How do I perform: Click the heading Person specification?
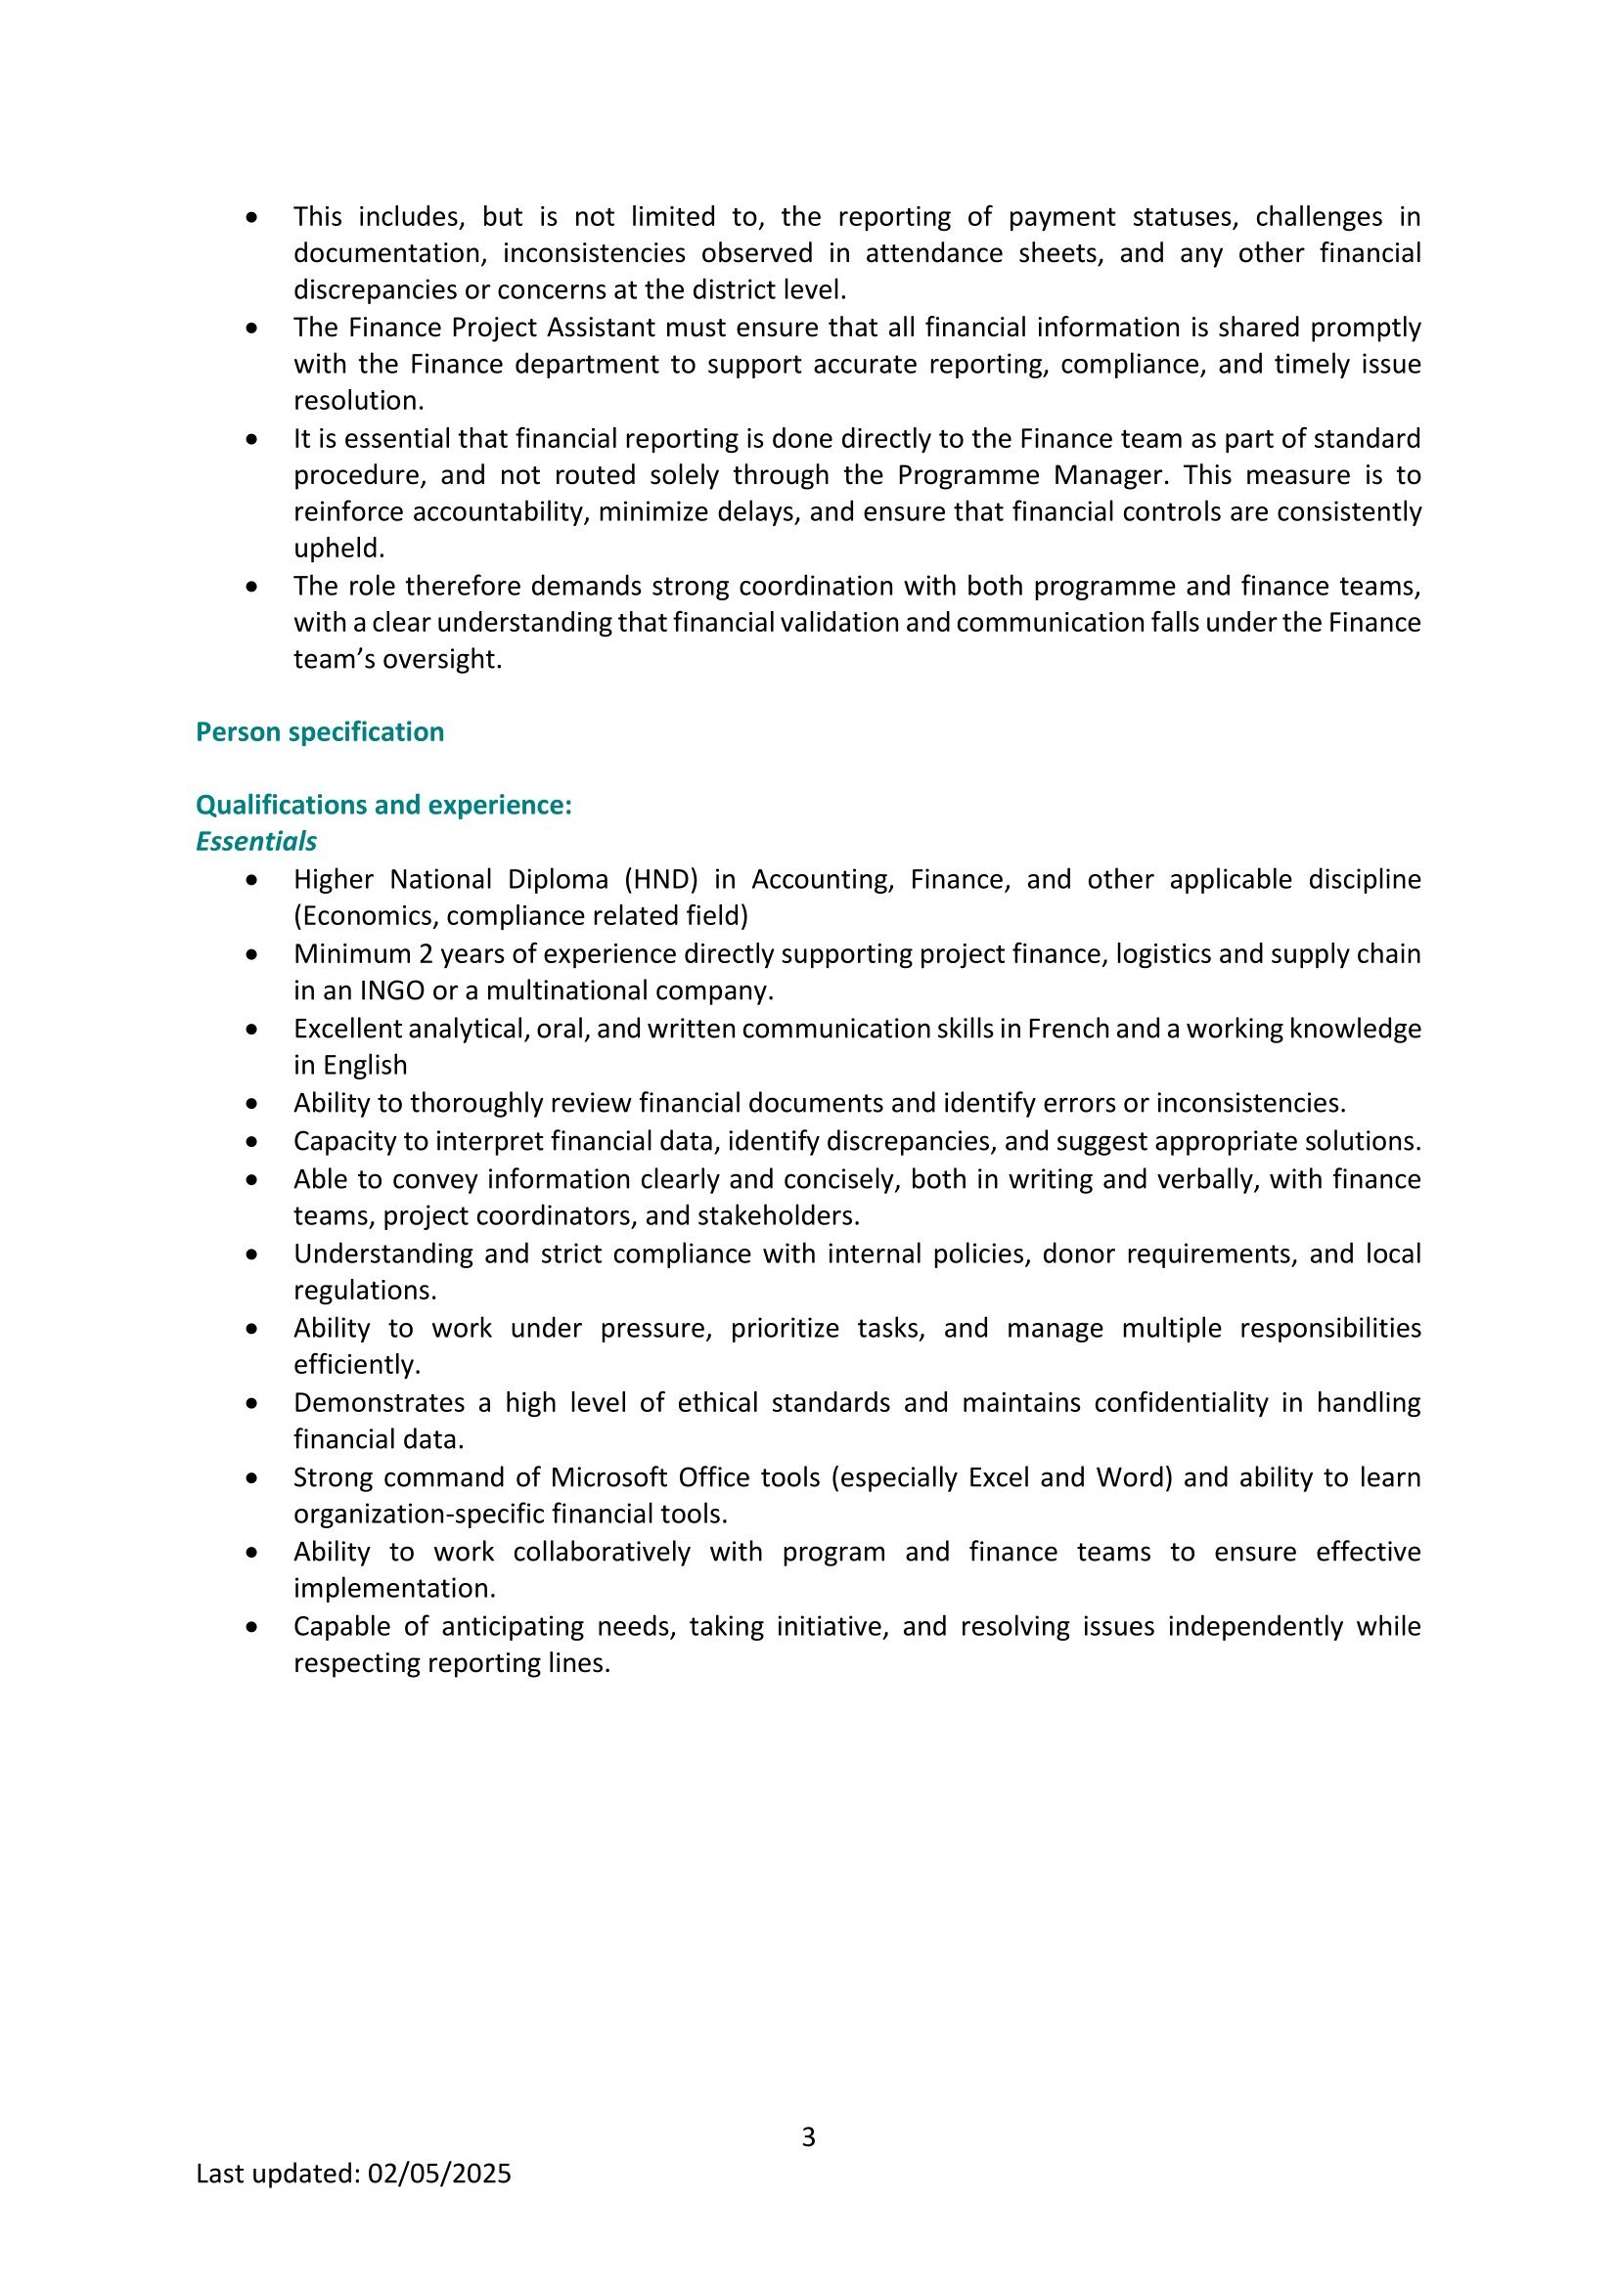320,732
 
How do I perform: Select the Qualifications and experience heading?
383,805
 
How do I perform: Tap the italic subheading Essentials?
256,842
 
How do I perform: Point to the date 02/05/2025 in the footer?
439,2174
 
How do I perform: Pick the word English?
365,1066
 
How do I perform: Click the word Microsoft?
608,1477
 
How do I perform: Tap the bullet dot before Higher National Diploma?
253,881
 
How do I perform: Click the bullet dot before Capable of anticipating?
253,1628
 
